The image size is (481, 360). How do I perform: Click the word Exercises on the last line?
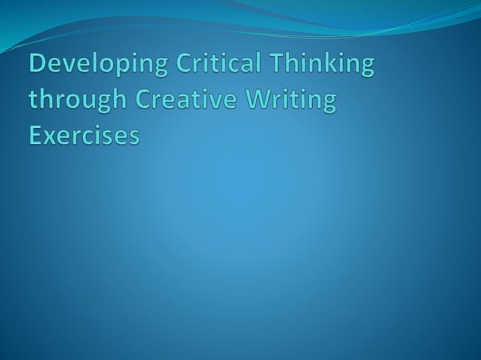[84, 136]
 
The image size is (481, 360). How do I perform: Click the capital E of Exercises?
[36, 136]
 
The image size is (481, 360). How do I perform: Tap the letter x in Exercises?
[51, 137]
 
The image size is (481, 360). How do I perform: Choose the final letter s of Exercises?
[133, 137]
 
